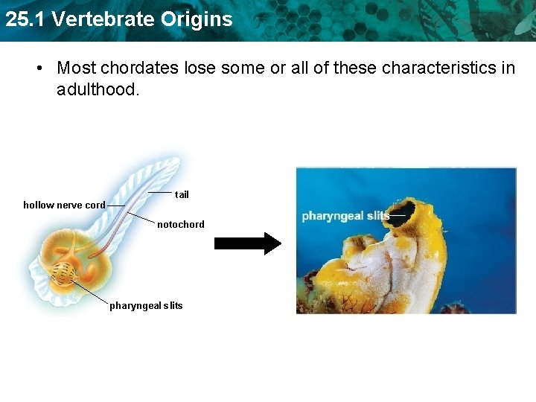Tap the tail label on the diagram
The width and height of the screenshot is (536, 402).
pos(182,194)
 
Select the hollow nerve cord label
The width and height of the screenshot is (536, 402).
pos(64,205)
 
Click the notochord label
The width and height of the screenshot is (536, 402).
pos(180,224)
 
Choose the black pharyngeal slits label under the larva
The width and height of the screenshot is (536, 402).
pos(146,305)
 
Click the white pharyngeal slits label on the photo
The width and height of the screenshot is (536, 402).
pos(345,216)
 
